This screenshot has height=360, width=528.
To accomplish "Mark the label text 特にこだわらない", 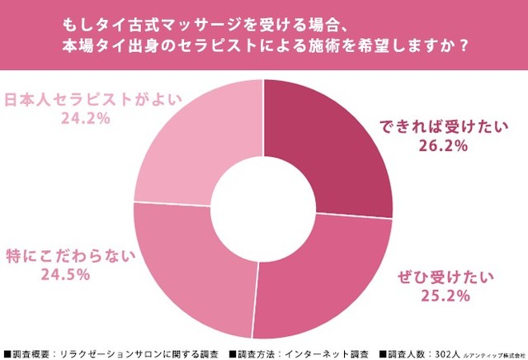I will tap(68, 256).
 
